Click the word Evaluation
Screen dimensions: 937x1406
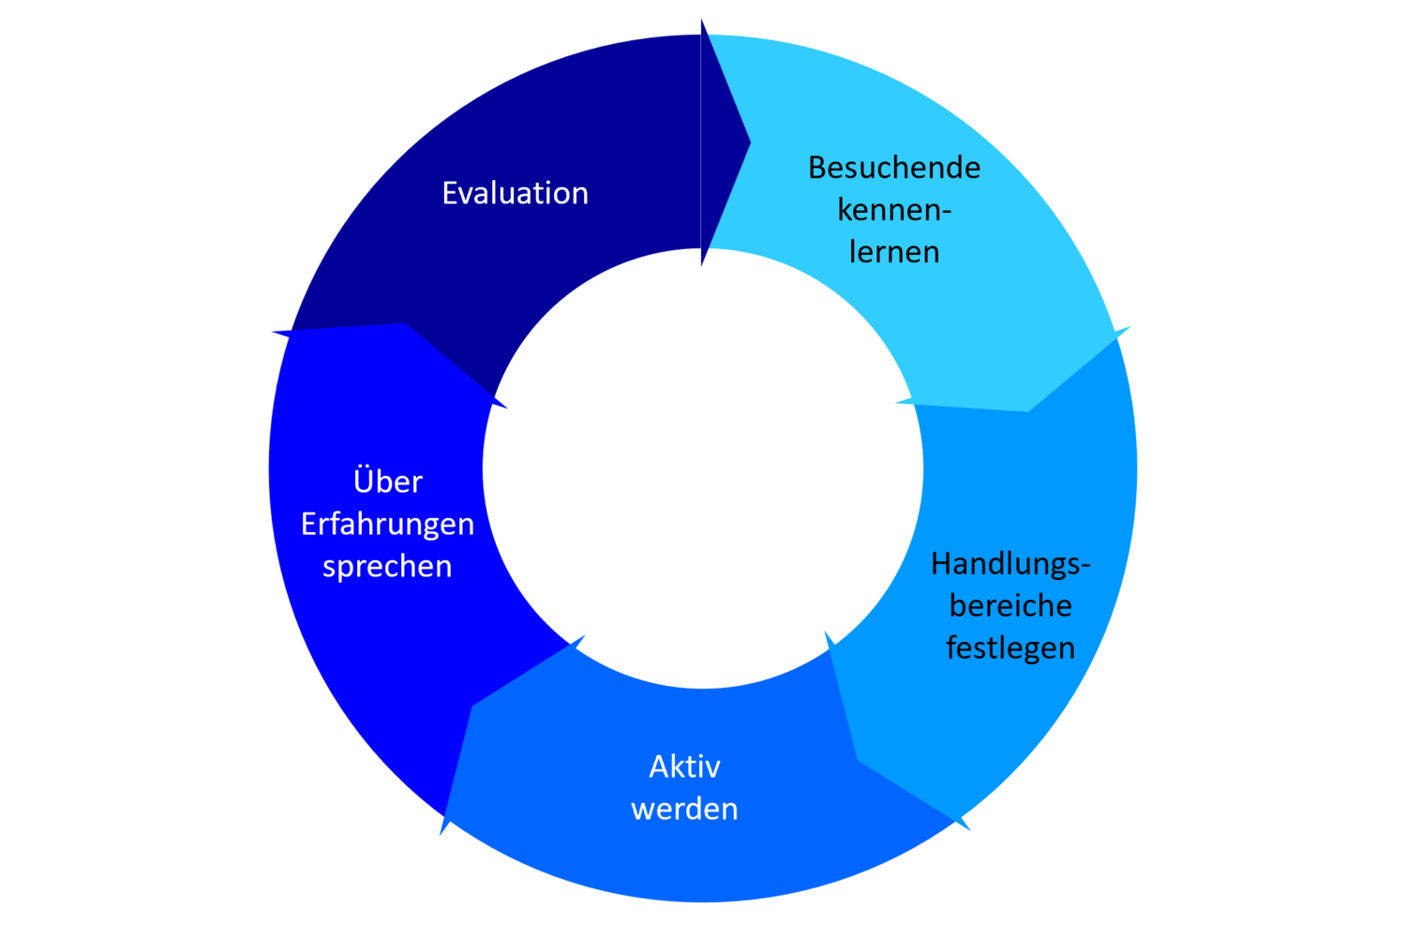[x=515, y=193]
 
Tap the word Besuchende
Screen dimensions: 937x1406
[x=894, y=168]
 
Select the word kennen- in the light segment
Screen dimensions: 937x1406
[x=894, y=210]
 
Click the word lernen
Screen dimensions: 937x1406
[x=894, y=252]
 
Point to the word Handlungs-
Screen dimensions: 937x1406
[x=1010, y=564]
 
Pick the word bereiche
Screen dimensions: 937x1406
[x=1010, y=606]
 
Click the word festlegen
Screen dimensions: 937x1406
[x=1010, y=648]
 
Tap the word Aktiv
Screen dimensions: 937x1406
[x=684, y=766]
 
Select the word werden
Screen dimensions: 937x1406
[x=684, y=809]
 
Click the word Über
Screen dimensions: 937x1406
[x=387, y=482]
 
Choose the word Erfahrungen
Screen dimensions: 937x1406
[x=387, y=524]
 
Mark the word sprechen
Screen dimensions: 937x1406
[x=387, y=566]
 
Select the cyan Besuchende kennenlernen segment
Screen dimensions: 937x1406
[x=994, y=309]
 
